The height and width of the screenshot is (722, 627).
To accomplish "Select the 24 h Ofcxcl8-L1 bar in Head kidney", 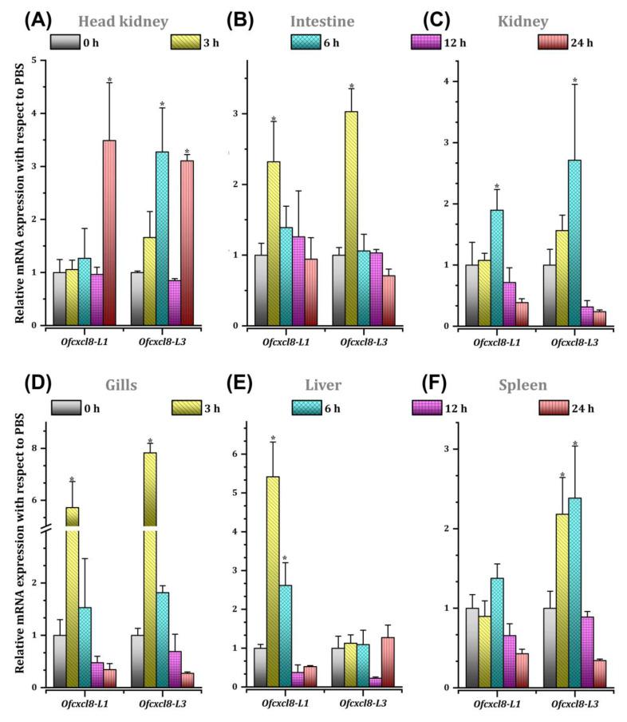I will [x=109, y=232].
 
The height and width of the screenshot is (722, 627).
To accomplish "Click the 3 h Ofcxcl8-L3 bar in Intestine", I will [x=352, y=218].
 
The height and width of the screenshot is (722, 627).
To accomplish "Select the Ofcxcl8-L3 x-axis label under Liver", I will [x=352, y=702].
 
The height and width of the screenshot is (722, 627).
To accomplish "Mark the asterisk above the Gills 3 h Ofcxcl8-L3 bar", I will [x=149, y=442].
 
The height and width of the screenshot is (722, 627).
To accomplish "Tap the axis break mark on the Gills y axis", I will [x=45, y=528].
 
